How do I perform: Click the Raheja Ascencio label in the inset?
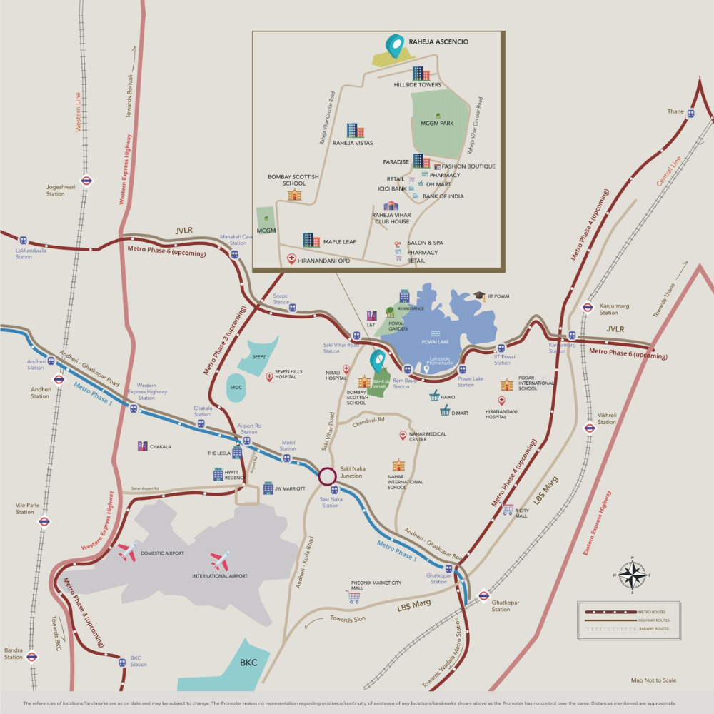click(438, 42)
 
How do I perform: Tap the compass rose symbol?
click(632, 574)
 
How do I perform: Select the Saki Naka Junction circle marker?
click(327, 476)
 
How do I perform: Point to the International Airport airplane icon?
click(220, 560)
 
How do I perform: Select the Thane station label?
click(675, 111)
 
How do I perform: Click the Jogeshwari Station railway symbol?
click(86, 181)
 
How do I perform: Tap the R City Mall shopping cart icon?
click(507, 508)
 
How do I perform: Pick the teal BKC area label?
click(248, 663)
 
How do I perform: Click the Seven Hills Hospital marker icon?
click(269, 376)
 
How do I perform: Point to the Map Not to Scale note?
click(653, 680)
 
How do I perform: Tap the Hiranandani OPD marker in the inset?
click(291, 259)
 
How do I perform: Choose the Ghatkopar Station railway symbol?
click(483, 595)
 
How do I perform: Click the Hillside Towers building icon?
click(421, 73)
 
